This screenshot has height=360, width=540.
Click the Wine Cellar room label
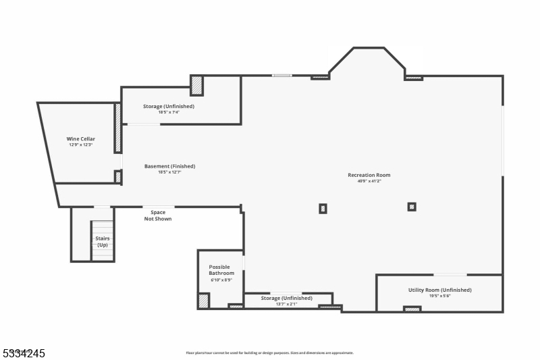[x=80, y=139]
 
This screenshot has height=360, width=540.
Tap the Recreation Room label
[x=369, y=175]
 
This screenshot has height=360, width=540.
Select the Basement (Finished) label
[x=169, y=166]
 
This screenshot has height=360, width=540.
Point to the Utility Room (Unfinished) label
[x=439, y=290]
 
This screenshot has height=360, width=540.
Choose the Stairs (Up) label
[x=103, y=241]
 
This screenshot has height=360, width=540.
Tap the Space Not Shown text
[x=158, y=215]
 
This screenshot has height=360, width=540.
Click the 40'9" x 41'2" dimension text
[x=369, y=182]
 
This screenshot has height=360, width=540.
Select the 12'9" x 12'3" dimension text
[x=80, y=145]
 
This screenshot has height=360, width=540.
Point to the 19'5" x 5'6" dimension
[x=439, y=296]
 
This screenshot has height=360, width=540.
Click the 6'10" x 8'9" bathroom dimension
[x=221, y=280]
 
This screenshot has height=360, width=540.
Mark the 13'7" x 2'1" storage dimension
[x=286, y=304]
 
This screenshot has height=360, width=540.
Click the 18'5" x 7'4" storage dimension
[x=168, y=112]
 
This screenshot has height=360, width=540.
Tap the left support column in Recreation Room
[x=323, y=209]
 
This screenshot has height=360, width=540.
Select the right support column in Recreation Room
[x=412, y=207]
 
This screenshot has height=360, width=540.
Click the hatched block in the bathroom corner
[x=203, y=301]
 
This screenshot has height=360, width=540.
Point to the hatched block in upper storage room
[x=196, y=86]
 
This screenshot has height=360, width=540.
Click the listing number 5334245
[x=23, y=353]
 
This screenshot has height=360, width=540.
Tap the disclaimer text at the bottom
[x=269, y=353]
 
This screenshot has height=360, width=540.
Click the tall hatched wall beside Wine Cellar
[x=117, y=128]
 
